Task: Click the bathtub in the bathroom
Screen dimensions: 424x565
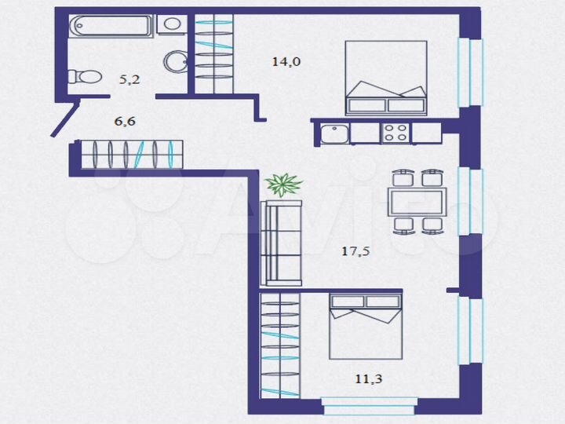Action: (x=111, y=25)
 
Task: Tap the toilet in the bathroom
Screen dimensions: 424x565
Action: (x=85, y=77)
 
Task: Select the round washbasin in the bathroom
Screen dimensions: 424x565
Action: (x=175, y=60)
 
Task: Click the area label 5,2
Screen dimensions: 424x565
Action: (x=129, y=79)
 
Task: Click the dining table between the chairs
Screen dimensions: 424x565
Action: (x=417, y=202)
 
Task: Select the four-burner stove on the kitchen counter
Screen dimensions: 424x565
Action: (x=395, y=133)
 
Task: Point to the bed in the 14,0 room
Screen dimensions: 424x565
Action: (x=385, y=79)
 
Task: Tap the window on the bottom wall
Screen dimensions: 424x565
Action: (x=367, y=406)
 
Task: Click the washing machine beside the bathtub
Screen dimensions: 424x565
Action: (x=172, y=24)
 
